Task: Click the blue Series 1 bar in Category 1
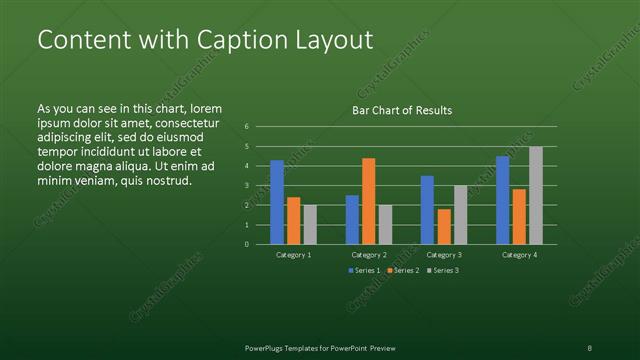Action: click(277, 202)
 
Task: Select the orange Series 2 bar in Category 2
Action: click(368, 201)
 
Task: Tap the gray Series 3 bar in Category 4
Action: click(536, 195)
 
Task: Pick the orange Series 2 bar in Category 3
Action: click(444, 226)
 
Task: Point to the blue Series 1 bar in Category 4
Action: click(502, 200)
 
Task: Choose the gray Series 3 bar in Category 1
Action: click(310, 224)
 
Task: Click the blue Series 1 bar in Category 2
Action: click(352, 219)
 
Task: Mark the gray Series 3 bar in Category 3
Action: click(460, 214)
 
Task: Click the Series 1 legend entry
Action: click(364, 270)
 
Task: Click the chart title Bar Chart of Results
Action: click(402, 110)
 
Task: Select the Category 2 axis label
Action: click(369, 255)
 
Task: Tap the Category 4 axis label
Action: click(519, 255)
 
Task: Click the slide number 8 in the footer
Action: click(589, 347)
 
